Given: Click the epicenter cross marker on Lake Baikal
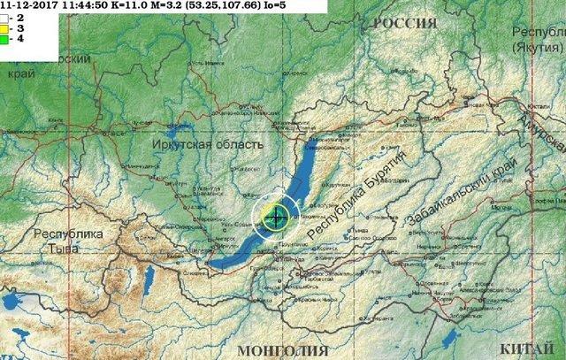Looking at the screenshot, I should tap(276, 215).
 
